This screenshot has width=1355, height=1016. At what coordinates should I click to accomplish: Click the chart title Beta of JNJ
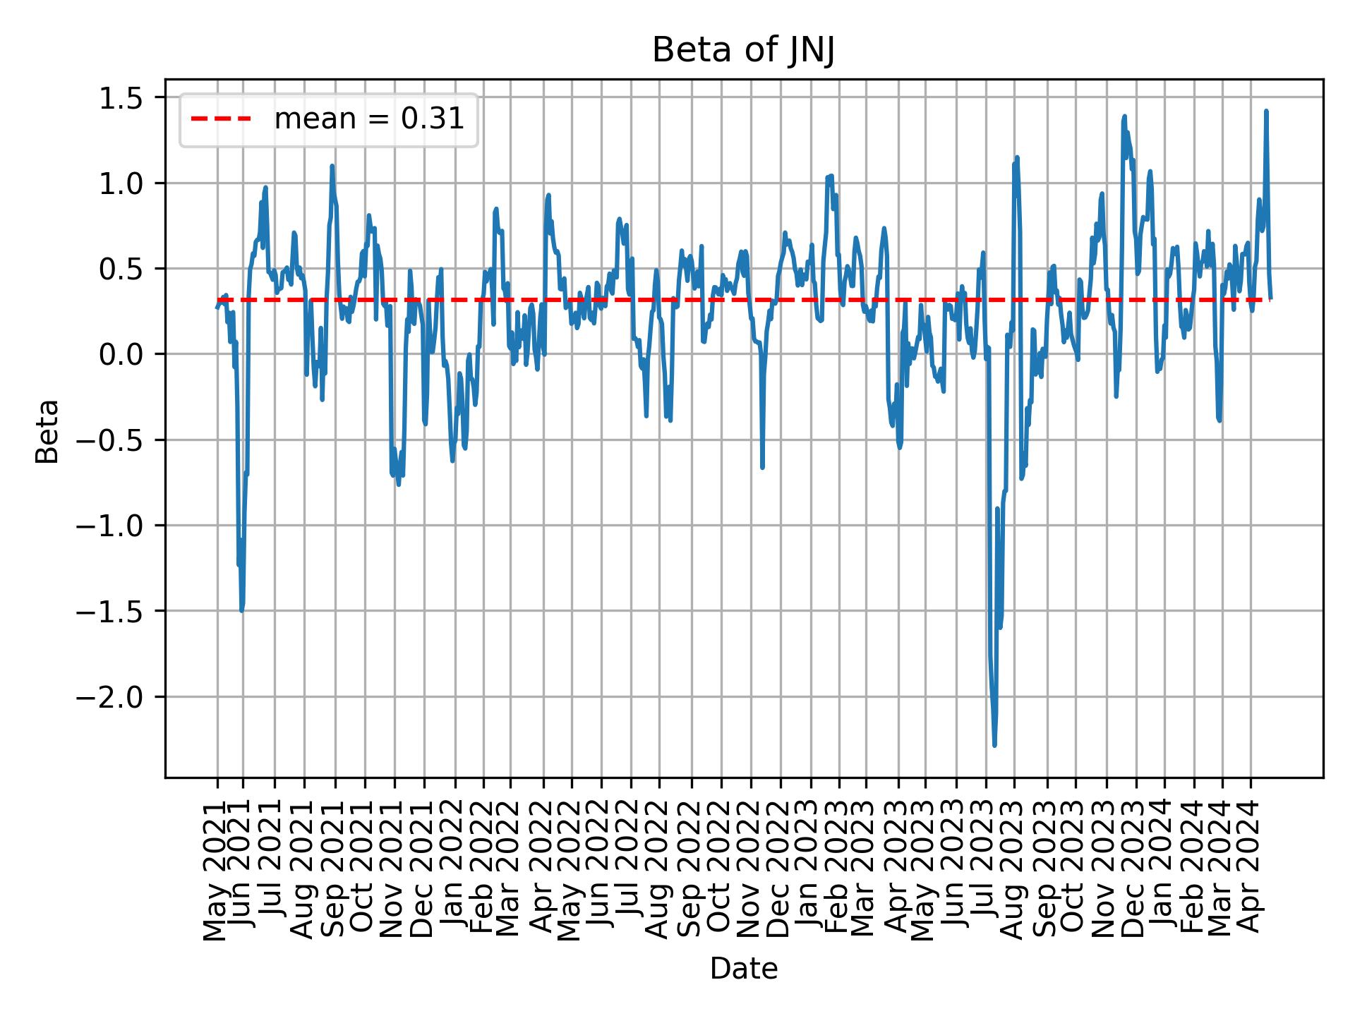coord(743,51)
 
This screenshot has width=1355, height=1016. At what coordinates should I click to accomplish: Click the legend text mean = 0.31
coord(369,120)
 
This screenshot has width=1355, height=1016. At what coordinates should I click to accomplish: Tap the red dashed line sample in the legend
coord(221,120)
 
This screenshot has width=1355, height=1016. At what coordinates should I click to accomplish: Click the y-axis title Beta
coord(47,431)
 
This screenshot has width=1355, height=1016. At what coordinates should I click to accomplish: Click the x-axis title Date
coord(743,969)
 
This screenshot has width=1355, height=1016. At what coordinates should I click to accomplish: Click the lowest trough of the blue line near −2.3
coord(994,745)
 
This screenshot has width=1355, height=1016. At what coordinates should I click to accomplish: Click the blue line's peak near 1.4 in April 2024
coord(1266,111)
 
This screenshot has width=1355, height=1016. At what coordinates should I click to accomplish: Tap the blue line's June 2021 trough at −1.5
coord(242,610)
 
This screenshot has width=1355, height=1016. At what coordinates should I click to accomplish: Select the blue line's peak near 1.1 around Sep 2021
coord(332,167)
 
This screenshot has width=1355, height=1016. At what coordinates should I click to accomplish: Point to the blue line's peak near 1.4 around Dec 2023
coord(1124,116)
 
